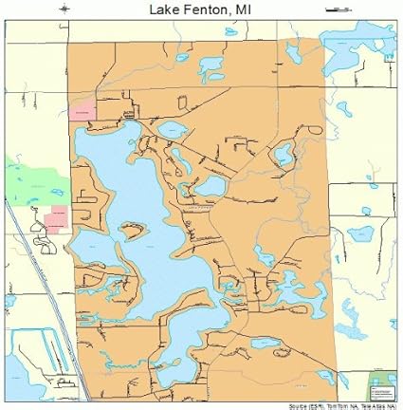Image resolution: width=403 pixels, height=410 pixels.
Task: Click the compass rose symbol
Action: click(64, 9)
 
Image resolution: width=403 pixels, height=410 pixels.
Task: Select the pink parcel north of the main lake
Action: click(82, 110)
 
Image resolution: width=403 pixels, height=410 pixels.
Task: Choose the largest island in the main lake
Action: click(134, 231)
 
